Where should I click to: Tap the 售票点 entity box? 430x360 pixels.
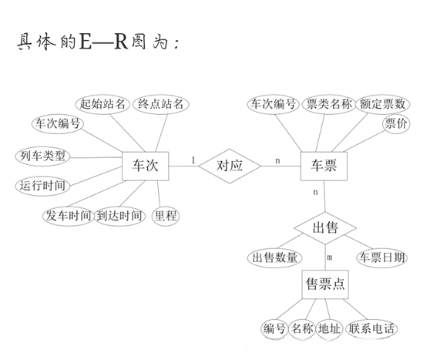coord(324,284)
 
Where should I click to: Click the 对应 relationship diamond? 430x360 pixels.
coord(230,165)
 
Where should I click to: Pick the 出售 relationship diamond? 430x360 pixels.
coord(324,228)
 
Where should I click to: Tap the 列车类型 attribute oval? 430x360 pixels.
coord(41,156)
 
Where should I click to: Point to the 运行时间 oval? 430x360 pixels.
coord(42,186)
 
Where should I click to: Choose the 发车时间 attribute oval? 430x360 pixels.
coord(68,216)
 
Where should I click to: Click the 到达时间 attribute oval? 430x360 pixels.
coord(119,216)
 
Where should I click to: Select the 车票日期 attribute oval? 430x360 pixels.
coord(380,258)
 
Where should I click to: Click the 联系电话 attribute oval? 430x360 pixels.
coord(372,329)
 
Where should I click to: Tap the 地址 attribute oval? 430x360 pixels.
coord(330,329)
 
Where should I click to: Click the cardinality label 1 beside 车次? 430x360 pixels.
coord(193,160)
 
